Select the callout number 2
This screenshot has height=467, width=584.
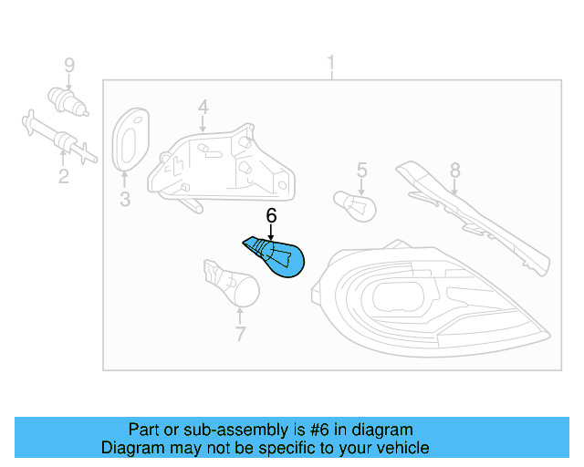pyautogui.click(x=63, y=175)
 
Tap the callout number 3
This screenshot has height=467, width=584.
pyautogui.click(x=125, y=200)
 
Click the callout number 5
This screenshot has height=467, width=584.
pyautogui.click(x=361, y=170)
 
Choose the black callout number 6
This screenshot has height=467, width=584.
pyautogui.click(x=270, y=216)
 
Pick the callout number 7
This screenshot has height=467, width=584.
pyautogui.click(x=240, y=335)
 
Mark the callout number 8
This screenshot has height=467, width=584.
pyautogui.click(x=454, y=170)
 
